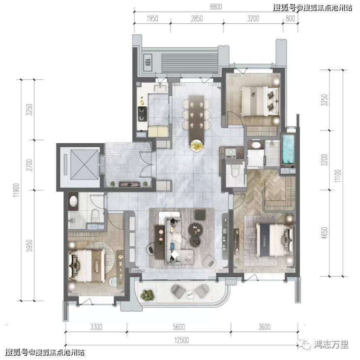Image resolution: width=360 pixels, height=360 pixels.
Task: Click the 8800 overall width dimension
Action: point(216,7)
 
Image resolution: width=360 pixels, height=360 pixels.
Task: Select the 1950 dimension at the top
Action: point(152,18)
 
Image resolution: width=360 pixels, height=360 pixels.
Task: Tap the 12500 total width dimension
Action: point(181,340)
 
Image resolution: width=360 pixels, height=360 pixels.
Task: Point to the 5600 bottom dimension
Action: point(179,327)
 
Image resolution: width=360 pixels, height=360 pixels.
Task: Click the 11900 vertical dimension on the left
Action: point(16,190)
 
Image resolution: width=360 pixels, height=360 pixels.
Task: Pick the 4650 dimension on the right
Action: point(324,233)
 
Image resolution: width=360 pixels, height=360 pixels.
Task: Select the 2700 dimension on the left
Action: point(29,165)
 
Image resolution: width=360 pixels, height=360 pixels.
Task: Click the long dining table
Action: point(196,120)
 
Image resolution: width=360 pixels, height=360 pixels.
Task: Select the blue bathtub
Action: point(288,149)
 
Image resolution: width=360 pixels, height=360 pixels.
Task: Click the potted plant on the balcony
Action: point(147,294)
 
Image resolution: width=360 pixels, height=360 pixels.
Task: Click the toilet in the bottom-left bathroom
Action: point(95,216)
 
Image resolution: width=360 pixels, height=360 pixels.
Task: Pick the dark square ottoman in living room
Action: point(200,214)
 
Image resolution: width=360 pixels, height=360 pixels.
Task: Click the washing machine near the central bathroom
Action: point(230,153)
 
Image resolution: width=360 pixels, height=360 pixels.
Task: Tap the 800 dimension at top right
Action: point(290,18)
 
